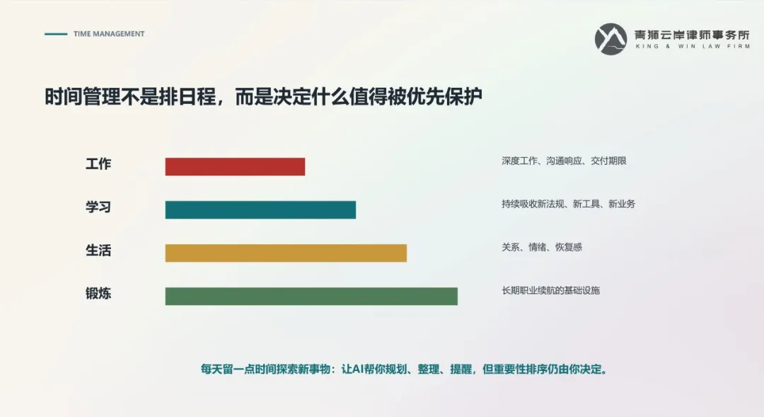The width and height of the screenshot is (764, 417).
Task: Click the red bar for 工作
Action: point(235,166)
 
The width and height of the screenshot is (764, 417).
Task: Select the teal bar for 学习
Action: point(260,210)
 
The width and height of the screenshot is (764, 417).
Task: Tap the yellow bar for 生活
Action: point(286,253)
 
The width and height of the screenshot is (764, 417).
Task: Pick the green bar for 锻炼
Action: point(311,296)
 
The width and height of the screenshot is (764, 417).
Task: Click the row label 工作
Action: point(98,164)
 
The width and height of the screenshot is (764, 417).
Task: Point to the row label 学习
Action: point(98,207)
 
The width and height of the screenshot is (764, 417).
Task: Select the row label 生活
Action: point(98,250)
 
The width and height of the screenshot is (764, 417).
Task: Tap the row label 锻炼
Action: point(98,293)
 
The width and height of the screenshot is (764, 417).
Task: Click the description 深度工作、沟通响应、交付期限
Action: point(564,161)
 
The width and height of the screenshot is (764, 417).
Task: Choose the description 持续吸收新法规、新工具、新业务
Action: point(568,204)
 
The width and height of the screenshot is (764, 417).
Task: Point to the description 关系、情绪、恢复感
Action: point(542,247)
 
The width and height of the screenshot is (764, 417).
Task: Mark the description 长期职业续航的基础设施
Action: point(550,291)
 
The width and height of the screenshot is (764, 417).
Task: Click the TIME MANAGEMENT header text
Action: point(109,34)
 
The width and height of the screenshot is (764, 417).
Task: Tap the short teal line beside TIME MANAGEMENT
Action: point(56,34)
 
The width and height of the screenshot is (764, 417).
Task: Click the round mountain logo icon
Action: point(611,39)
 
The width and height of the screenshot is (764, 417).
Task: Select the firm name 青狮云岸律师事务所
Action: point(692,35)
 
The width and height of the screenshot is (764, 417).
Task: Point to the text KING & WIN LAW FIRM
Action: point(693,46)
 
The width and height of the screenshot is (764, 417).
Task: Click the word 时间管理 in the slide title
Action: point(82,96)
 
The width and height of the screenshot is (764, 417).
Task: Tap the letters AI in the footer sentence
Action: point(358,369)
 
